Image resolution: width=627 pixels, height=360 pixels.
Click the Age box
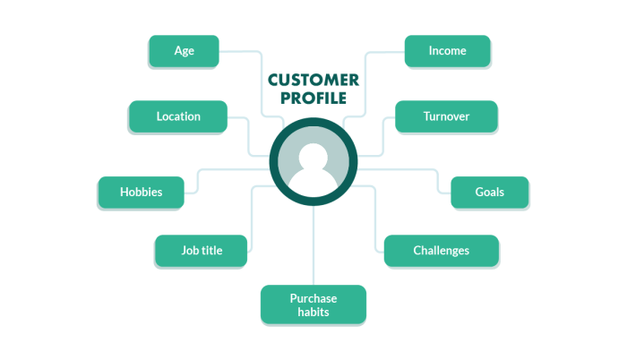(184, 51)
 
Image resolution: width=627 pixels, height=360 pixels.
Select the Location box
(178, 116)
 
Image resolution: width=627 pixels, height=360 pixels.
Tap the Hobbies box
(141, 192)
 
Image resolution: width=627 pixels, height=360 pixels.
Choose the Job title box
(202, 251)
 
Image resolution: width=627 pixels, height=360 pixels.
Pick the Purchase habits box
(313, 304)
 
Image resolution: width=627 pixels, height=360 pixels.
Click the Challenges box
(441, 251)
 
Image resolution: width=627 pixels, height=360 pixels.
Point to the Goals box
(489, 192)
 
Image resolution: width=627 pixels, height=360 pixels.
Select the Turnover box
(445, 116)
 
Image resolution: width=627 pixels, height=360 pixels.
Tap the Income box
(447, 51)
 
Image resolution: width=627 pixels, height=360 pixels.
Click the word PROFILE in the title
(313, 98)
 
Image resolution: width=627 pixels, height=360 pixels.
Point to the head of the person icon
(313, 157)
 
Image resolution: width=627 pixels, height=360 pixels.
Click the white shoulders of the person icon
(313, 184)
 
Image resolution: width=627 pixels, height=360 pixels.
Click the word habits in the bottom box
(313, 312)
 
